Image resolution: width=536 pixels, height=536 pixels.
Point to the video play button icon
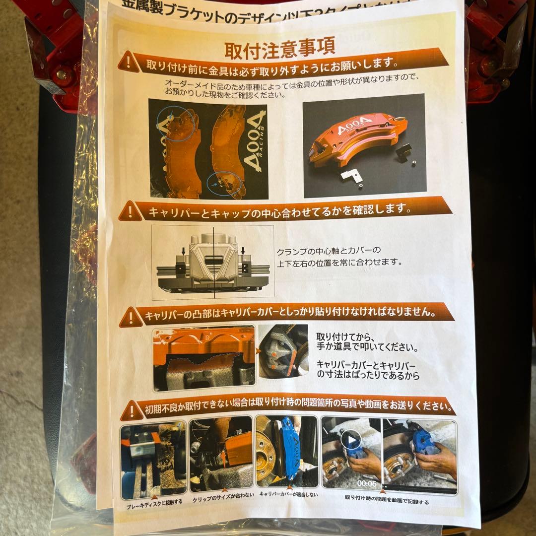[x=351, y=440]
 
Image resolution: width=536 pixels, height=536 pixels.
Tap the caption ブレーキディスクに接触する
[x=154, y=501]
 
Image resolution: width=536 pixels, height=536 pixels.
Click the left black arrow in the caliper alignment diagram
[x=183, y=252]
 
